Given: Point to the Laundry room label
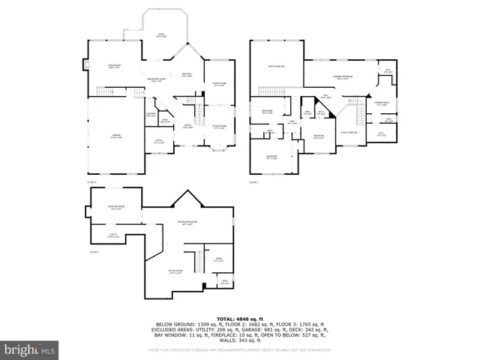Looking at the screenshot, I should pyautogui.click(x=151, y=115).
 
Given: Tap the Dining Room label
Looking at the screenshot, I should pyautogui.click(x=219, y=84).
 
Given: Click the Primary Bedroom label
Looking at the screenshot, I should pyautogui.click(x=343, y=77).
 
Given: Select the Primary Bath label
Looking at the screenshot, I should pyautogui.click(x=382, y=105).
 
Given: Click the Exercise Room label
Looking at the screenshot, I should pyautogui.click(x=115, y=208).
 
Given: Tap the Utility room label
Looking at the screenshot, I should pyautogui.click(x=112, y=237).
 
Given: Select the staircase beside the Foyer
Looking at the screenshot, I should pyautogui.click(x=199, y=115).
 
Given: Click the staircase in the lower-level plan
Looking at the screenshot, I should pyautogui.click(x=199, y=262).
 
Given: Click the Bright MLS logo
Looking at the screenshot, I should pyautogui.click(x=30, y=349).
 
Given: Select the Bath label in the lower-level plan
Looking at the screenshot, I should pyautogui.click(x=225, y=283).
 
